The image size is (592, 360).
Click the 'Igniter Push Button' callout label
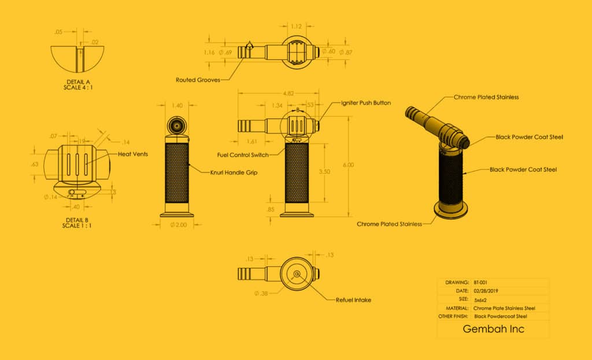coord(366,103)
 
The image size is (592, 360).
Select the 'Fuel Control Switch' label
coord(242,155)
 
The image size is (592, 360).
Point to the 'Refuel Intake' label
coord(353,300)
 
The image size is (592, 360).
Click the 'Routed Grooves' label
coord(198,80)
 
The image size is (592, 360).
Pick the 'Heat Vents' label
coord(132,154)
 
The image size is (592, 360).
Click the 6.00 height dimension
coord(348,165)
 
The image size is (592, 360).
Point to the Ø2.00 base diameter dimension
coord(177,225)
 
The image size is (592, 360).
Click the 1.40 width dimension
coord(177,106)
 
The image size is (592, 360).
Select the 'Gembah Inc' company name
coord(493,329)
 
